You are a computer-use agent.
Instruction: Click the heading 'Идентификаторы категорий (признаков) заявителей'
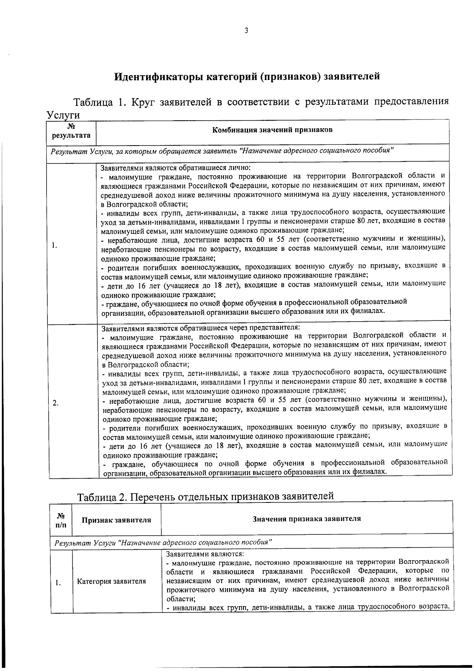pyautogui.click(x=247, y=76)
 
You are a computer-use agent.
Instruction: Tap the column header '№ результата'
pyautogui.click(x=71, y=131)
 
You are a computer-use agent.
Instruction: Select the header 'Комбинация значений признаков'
pyautogui.click(x=273, y=130)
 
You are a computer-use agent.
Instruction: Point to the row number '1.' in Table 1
pyautogui.click(x=54, y=246)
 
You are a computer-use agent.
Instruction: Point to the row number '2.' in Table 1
pyautogui.click(x=56, y=403)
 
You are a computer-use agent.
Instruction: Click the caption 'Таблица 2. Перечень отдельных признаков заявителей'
pyautogui.click(x=205, y=496)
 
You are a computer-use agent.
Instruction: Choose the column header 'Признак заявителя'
pyautogui.click(x=116, y=520)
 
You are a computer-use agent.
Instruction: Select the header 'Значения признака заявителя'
pyautogui.click(x=307, y=519)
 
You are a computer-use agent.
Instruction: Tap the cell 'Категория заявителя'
pyautogui.click(x=111, y=581)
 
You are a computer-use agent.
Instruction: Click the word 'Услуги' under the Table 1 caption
pyautogui.click(x=63, y=115)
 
